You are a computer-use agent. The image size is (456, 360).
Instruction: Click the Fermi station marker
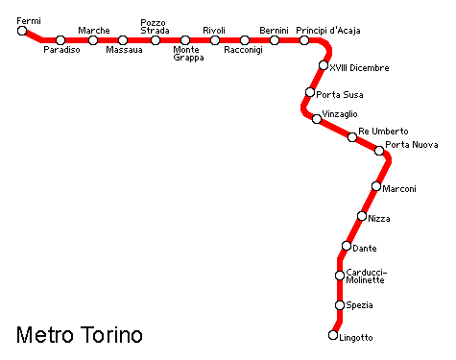pos(22,31)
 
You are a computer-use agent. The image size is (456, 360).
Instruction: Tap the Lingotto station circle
pos(333,335)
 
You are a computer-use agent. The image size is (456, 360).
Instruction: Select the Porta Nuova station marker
pos(379,151)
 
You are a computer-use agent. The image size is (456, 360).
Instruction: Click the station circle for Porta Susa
pos(310,93)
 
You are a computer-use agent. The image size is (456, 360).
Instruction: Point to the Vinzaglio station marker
pos(317,119)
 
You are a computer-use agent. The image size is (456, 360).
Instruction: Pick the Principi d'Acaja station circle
pos(304,40)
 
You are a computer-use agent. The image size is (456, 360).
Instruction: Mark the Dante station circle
pos(347,246)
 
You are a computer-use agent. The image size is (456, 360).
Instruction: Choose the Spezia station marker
pos(339,305)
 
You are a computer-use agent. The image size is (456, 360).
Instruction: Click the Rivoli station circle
pos(215,40)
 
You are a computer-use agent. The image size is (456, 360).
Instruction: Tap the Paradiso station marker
pos(60,40)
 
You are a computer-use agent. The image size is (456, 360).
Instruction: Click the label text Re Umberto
pos(383,131)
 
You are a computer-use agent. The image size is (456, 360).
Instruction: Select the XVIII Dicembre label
pos(360,68)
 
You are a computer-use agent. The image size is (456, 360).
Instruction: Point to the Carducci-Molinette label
pos(365,276)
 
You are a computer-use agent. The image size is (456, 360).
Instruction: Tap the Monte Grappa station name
pos(188,54)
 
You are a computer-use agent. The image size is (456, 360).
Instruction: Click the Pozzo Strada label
pos(155,26)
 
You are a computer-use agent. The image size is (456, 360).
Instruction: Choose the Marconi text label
pos(399,189)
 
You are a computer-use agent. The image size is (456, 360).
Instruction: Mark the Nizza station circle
pos(362,216)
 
